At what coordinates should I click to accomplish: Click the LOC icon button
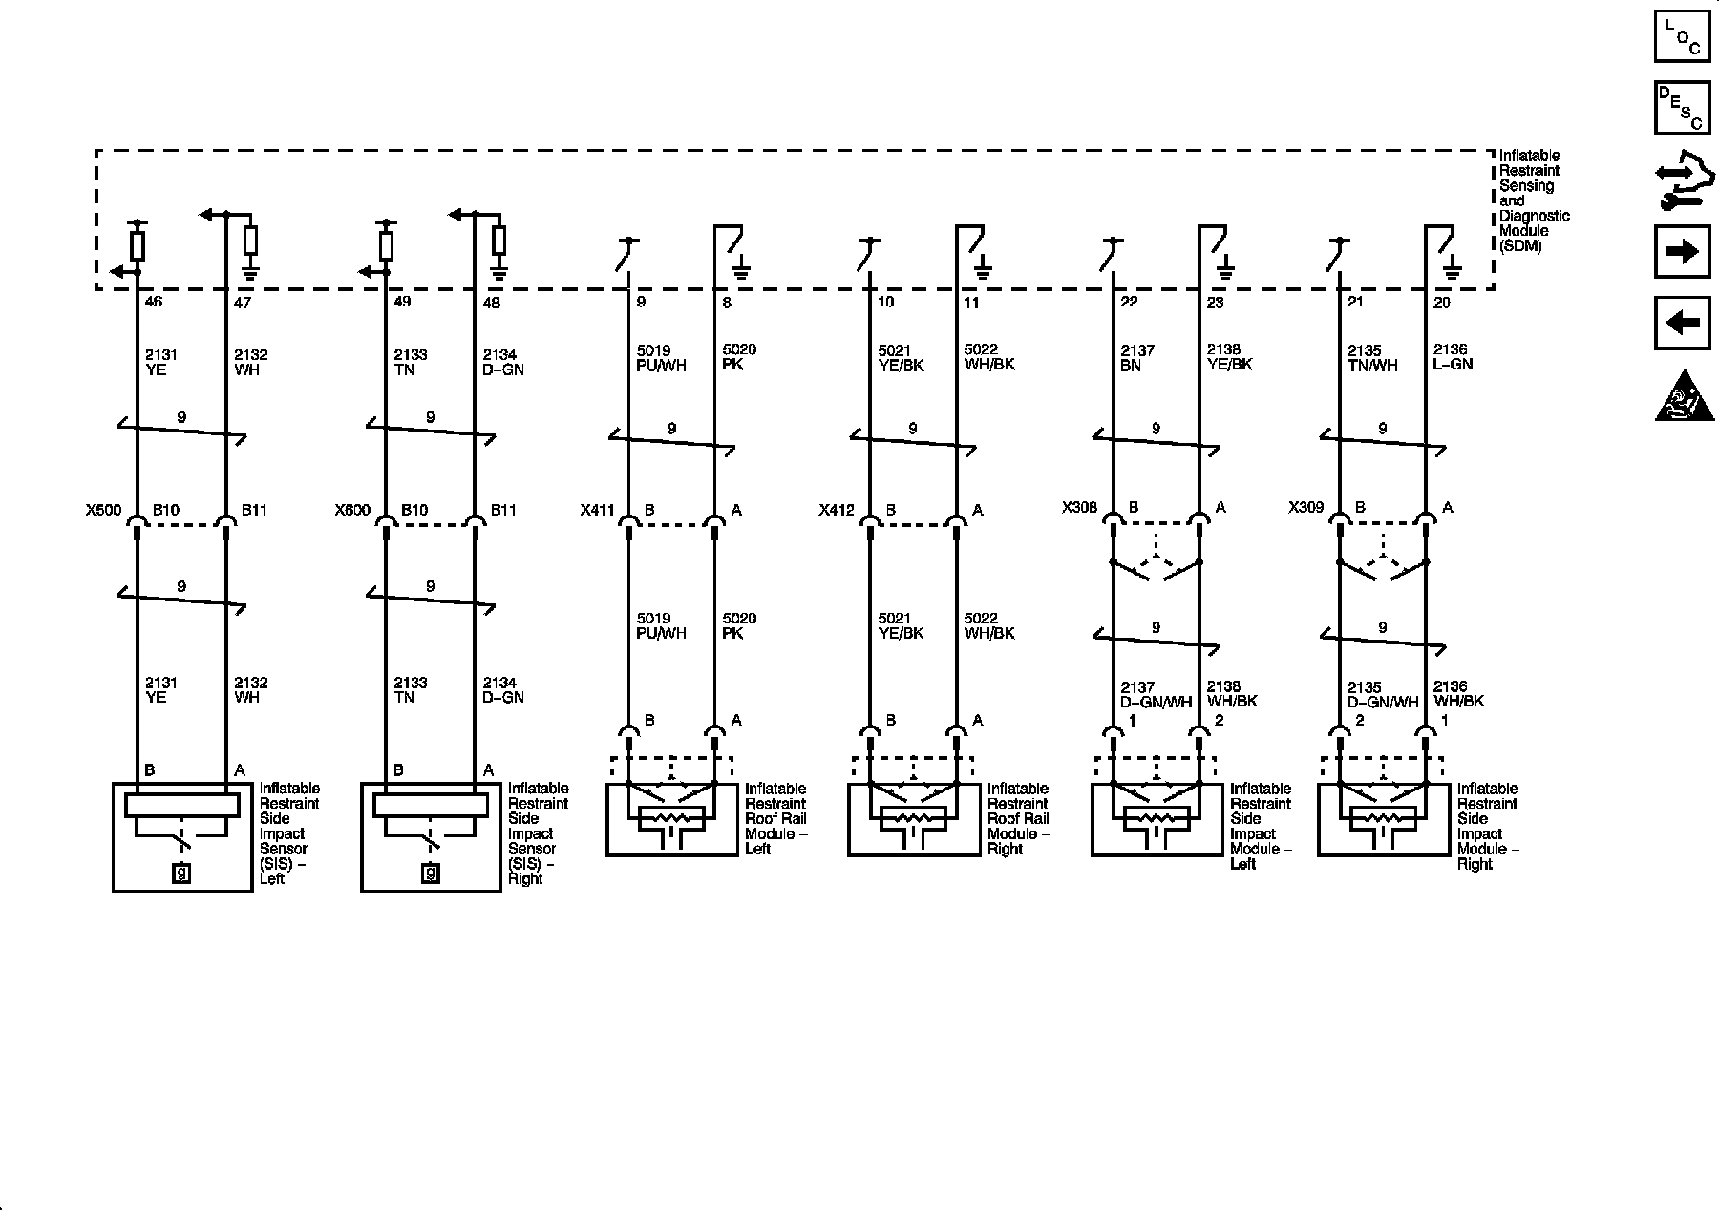click(x=1682, y=35)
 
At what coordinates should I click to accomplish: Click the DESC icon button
click(x=1682, y=107)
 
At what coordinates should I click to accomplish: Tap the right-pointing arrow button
click(x=1682, y=251)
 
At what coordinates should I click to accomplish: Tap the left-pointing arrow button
click(x=1682, y=323)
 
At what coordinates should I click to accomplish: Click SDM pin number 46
click(x=153, y=302)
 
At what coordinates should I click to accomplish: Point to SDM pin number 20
click(x=1442, y=302)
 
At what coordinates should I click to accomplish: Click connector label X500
click(x=103, y=511)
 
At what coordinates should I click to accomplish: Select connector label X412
click(x=838, y=511)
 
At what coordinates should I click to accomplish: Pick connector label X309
click(x=1306, y=508)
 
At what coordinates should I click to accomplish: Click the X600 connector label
click(x=352, y=511)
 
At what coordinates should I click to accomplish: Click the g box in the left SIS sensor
click(x=181, y=872)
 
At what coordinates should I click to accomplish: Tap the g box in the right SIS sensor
click(x=431, y=872)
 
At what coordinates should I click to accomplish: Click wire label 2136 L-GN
click(x=1453, y=357)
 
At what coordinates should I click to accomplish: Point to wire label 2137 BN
click(x=1137, y=358)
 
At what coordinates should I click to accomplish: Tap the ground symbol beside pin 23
click(x=1226, y=269)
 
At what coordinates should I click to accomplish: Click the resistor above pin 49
click(x=386, y=245)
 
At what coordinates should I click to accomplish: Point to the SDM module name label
click(x=1534, y=200)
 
